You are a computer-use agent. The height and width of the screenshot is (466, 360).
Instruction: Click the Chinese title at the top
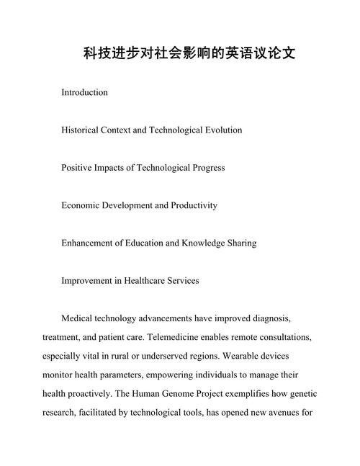point(179,54)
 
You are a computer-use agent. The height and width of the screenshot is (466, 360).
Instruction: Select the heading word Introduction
point(84,93)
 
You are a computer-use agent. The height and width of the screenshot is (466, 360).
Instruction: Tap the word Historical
point(82,130)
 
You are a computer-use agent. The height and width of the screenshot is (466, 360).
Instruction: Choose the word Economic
point(82,205)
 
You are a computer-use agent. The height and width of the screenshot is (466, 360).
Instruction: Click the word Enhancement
point(90,243)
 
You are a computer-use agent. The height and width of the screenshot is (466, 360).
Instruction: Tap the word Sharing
point(240,243)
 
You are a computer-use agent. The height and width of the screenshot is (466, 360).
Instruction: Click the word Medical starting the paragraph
point(79,318)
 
